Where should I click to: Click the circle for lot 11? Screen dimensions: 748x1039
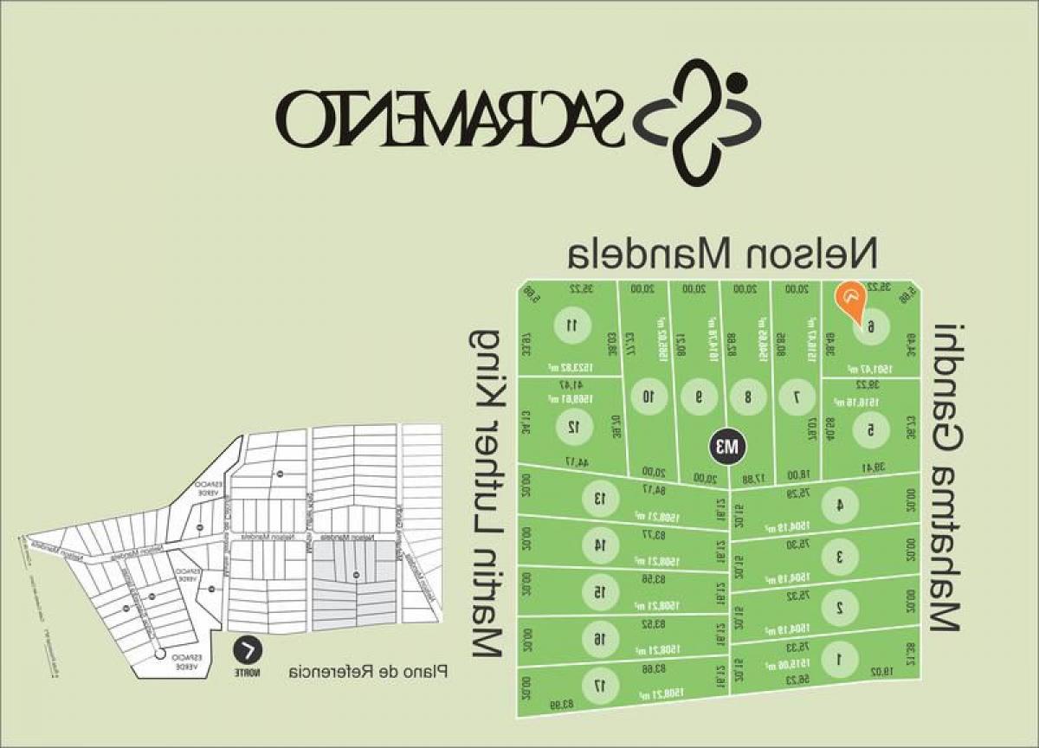click(571, 326)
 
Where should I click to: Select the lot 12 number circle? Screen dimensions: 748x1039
click(571, 426)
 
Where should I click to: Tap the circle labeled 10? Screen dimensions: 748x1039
click(647, 397)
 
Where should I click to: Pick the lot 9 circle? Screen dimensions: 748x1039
click(698, 397)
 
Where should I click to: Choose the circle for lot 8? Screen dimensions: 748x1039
click(747, 397)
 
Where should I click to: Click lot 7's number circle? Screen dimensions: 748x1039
click(797, 397)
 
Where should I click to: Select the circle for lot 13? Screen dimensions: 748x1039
click(597, 498)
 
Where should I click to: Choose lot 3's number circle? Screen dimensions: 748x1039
click(838, 557)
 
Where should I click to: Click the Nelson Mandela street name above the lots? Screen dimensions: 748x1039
click(722, 253)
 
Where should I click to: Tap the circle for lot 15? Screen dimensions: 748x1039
click(597, 591)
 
